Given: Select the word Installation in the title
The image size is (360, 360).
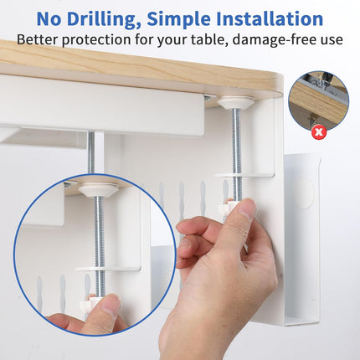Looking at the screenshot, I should click(277, 18).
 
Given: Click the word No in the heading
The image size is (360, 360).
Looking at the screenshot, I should click(52, 18).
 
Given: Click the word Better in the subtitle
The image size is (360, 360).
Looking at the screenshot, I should click(39, 39).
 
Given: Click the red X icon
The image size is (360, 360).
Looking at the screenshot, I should click(318, 132).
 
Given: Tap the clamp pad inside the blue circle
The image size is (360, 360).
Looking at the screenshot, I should click(99, 187).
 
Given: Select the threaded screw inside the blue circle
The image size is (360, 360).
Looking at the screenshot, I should click(99, 234).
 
